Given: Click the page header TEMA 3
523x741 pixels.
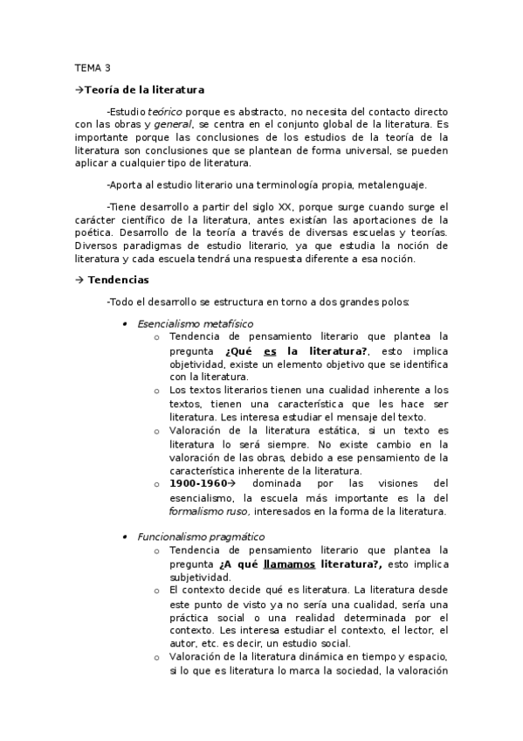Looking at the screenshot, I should (93, 67).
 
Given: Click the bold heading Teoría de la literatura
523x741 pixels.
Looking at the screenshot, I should (144, 89).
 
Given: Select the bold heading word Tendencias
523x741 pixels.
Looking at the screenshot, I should (119, 280).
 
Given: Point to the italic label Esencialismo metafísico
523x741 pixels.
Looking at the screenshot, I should (196, 323).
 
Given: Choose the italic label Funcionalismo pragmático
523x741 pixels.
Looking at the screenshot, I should (202, 537).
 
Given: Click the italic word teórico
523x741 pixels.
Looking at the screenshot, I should (165, 112).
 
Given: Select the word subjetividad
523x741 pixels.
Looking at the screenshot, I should (199, 577).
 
